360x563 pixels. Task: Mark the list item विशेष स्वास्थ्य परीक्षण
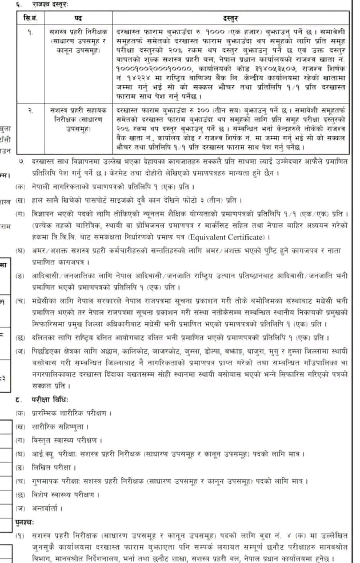(x=63, y=495)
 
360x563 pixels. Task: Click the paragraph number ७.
(x=21, y=162)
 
